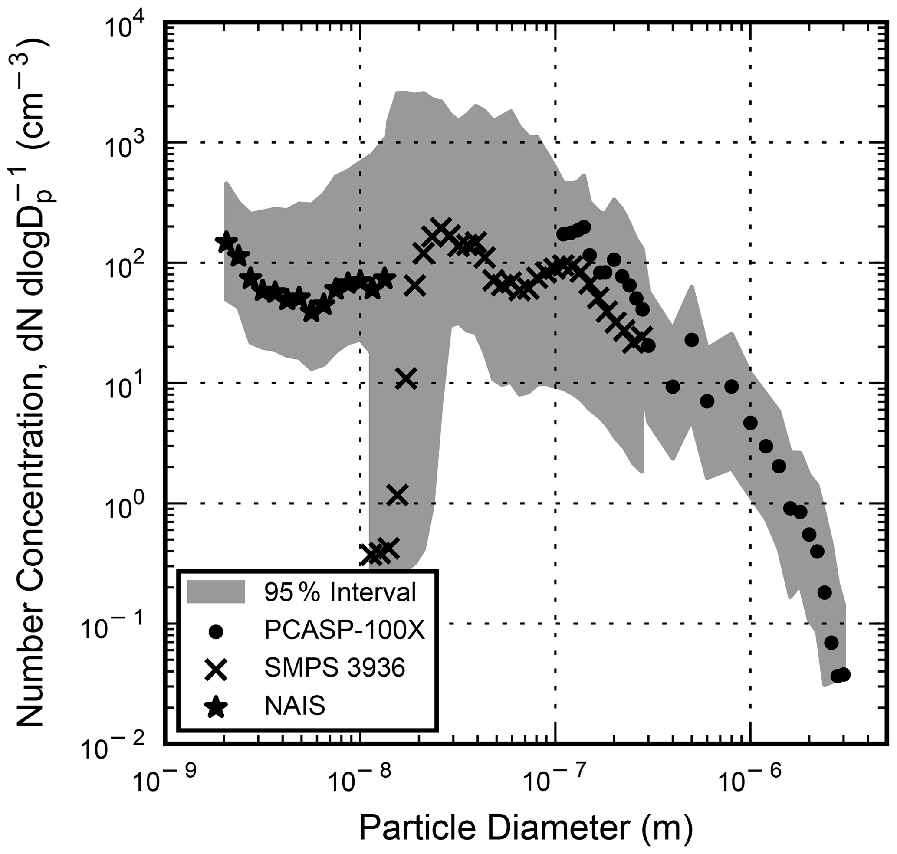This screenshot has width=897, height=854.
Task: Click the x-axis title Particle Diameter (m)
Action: [x=526, y=828]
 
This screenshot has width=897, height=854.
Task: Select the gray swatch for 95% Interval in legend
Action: [x=216, y=592]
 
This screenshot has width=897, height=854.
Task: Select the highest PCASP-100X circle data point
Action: [x=585, y=226]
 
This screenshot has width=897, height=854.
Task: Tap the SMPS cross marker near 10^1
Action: [x=406, y=378]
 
